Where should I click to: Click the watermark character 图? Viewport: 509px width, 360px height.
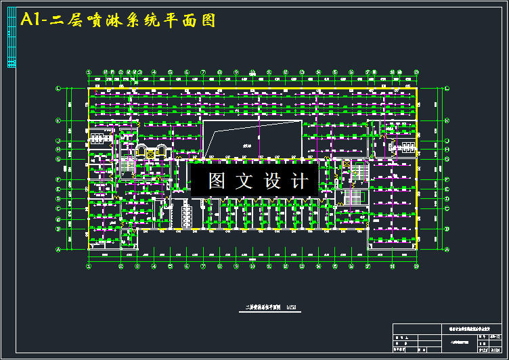coord(217,181)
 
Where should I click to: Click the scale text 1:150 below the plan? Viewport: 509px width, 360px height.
coord(292,309)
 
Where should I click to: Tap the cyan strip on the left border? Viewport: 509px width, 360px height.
coord(12,39)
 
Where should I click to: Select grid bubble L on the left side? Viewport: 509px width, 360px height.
coord(58,89)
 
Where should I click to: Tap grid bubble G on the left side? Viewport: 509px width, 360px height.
coord(58,160)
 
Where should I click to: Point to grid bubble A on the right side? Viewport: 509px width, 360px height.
coord(447,250)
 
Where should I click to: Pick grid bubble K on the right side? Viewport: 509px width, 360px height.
coord(447,120)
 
